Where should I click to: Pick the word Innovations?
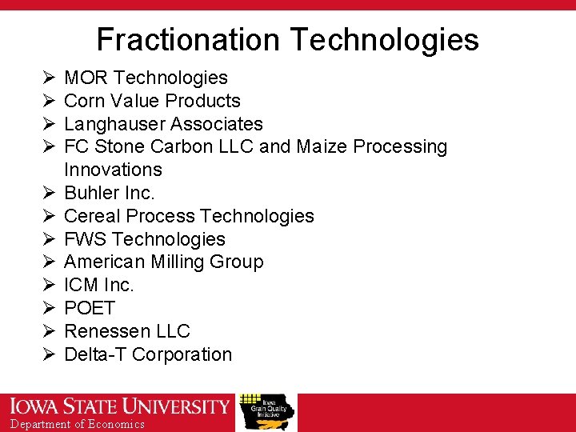coord(113,170)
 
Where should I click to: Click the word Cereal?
coord(90,216)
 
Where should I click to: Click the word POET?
coord(90,308)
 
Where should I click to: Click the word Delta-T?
coord(95,354)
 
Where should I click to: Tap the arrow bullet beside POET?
coord(48,308)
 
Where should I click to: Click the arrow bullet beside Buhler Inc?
coord(48,193)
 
